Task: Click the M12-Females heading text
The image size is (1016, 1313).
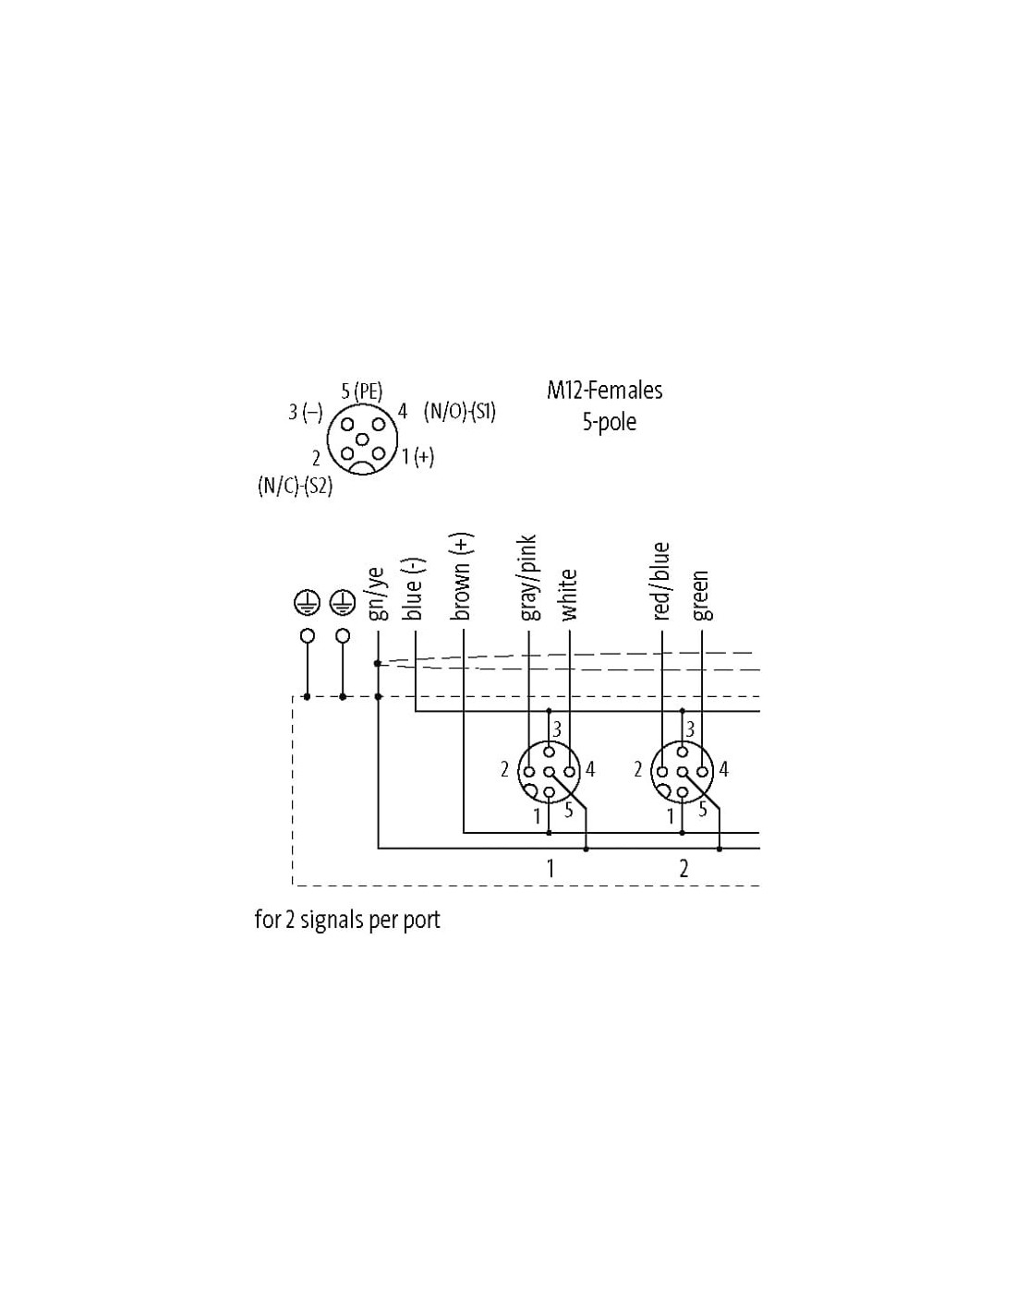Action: (x=604, y=391)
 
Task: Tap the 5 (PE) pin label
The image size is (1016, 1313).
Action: (x=361, y=391)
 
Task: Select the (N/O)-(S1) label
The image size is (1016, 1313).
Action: (x=459, y=412)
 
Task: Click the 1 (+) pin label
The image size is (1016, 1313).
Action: (x=417, y=457)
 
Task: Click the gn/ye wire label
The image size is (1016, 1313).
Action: (x=377, y=594)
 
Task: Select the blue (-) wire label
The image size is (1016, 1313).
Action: (x=414, y=588)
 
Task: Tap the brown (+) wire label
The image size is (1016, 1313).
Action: (x=461, y=576)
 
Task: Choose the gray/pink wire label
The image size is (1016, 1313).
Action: (x=527, y=577)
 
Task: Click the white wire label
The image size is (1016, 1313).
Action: (x=568, y=595)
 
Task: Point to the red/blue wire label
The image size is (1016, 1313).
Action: (x=661, y=582)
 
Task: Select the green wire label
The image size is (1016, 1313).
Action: (x=701, y=596)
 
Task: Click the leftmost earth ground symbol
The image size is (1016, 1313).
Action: (x=307, y=602)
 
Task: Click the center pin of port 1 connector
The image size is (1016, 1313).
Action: (x=549, y=772)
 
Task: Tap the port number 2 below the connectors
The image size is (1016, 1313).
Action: (x=683, y=868)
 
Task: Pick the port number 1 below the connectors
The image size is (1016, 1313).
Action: (x=550, y=868)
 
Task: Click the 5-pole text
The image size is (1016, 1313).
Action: (x=609, y=421)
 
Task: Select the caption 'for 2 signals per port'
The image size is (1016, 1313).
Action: (x=347, y=919)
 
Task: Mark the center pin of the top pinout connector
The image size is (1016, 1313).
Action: (x=361, y=439)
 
